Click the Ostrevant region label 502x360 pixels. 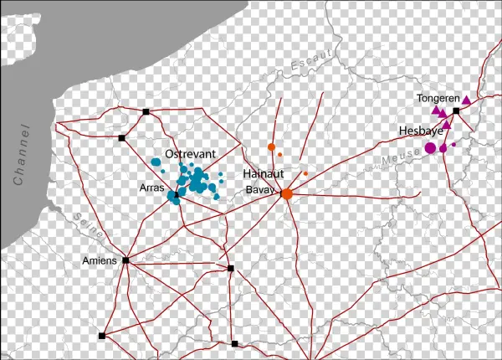click(x=191, y=155)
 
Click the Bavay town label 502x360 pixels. click(x=260, y=190)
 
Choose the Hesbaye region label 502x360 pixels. click(x=421, y=131)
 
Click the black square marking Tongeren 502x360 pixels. click(x=456, y=111)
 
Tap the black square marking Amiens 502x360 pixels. click(x=125, y=260)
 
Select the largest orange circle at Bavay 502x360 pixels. click(x=286, y=194)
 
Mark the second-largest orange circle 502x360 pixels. click(x=271, y=147)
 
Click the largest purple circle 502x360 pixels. click(x=430, y=148)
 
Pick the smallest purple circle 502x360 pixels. click(x=453, y=145)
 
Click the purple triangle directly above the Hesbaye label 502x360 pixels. click(x=446, y=125)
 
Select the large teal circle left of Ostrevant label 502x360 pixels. click(x=156, y=162)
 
